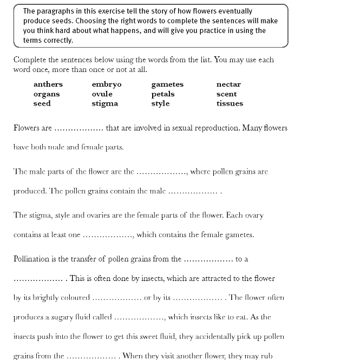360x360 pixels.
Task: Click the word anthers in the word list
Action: (x=48, y=84)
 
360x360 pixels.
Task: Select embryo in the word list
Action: (x=107, y=84)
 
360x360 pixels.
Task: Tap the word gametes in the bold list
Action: (x=167, y=84)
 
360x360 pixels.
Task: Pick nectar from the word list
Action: (x=228, y=84)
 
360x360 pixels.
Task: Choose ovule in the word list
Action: (x=102, y=94)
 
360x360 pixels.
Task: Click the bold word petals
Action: (x=163, y=94)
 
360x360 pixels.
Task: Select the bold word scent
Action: (x=226, y=94)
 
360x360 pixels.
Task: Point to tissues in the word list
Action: (x=230, y=104)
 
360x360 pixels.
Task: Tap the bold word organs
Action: (x=47, y=94)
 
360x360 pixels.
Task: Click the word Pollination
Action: (x=32, y=259)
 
